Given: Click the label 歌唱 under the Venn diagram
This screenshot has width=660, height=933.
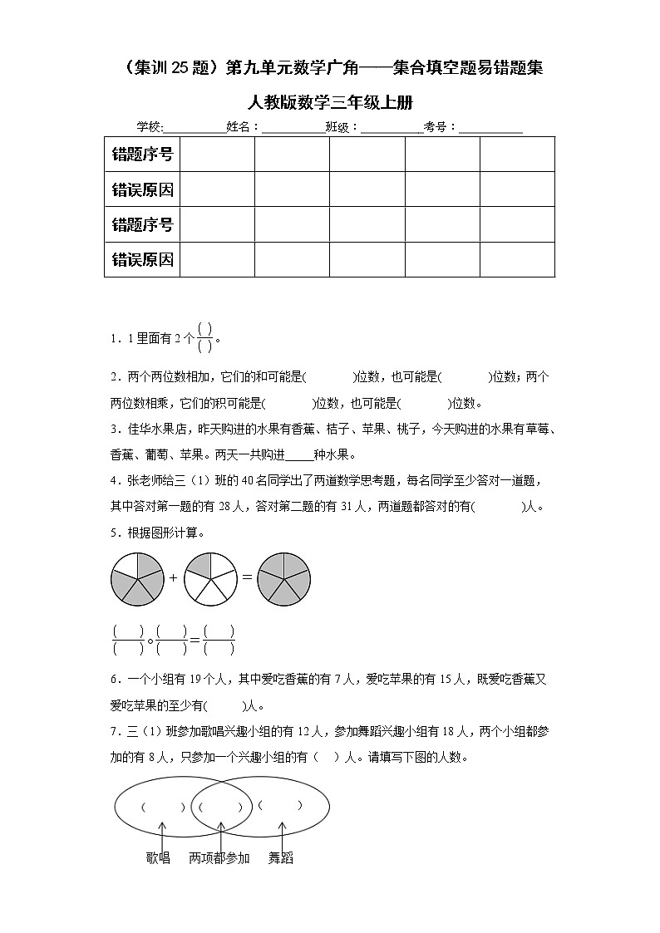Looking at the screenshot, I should [158, 857].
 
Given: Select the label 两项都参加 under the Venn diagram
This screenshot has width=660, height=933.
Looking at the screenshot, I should [219, 857].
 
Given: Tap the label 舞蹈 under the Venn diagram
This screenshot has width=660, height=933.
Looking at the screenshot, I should [280, 857].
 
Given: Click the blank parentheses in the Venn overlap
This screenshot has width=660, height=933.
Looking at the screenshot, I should [220, 806].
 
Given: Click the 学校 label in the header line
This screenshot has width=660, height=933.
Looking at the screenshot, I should [150, 127].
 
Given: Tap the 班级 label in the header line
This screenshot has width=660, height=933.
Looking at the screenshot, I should [341, 127].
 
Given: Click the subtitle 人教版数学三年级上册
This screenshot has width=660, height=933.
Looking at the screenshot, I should [330, 101].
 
